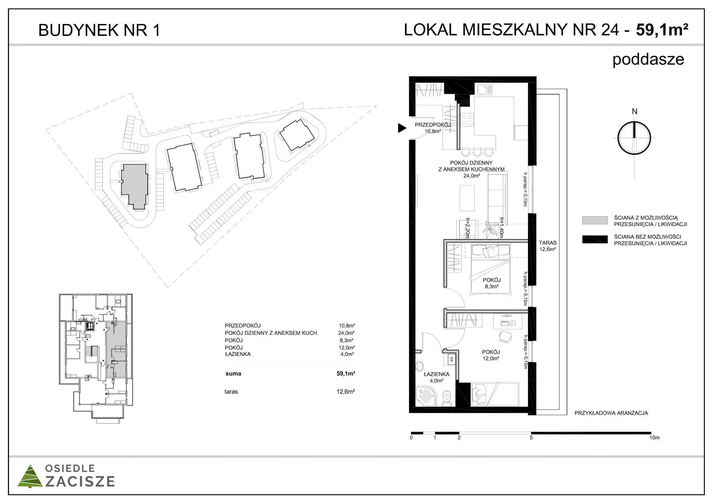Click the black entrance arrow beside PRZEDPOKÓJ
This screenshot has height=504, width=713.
402,128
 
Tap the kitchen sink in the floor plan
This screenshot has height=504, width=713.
485,90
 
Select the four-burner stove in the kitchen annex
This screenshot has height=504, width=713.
467,120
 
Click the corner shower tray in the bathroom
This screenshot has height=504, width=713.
426,396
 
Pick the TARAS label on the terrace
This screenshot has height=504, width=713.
548,243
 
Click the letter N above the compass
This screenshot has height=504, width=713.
634,111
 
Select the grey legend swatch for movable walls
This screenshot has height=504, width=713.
595,220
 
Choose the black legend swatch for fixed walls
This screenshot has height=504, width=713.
595,239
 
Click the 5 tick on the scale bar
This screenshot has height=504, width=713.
531,438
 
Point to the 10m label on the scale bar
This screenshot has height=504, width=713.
654,438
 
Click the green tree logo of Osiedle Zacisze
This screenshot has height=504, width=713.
30,476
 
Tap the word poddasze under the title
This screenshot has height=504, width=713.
648,60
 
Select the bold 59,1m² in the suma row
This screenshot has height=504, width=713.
346,374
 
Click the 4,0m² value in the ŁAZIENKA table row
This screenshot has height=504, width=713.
347,354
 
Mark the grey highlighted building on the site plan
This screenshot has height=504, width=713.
134,186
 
